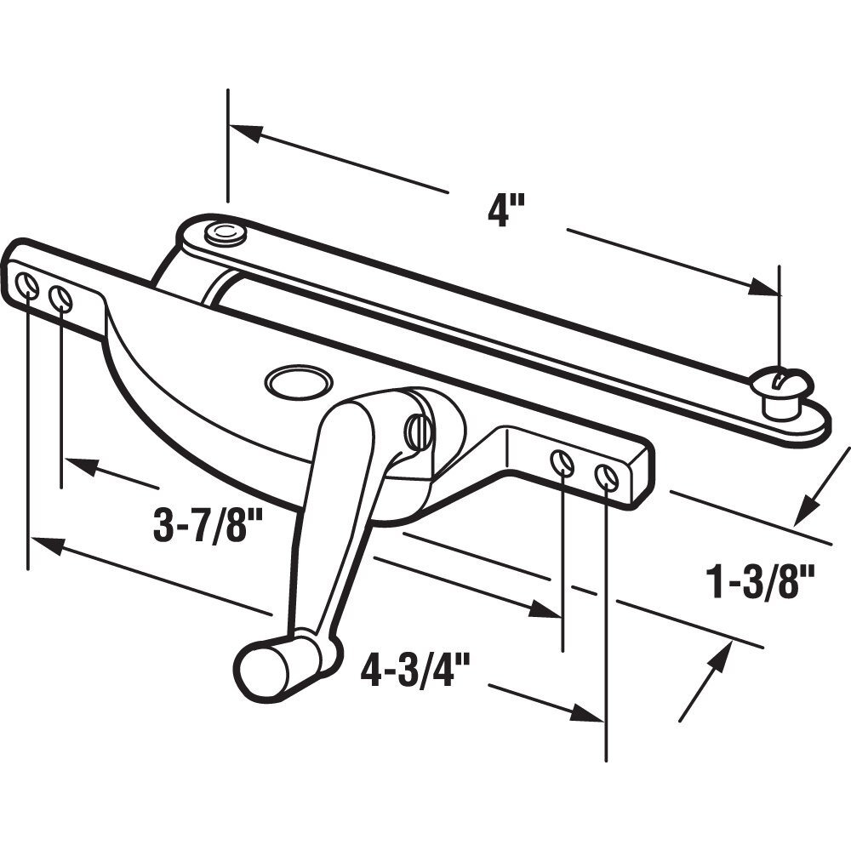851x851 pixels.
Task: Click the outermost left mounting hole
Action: [x=27, y=288]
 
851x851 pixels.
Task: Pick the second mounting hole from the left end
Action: [x=61, y=298]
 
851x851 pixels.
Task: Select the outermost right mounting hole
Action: [x=606, y=477]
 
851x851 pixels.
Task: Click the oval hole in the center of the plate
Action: [x=297, y=380]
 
